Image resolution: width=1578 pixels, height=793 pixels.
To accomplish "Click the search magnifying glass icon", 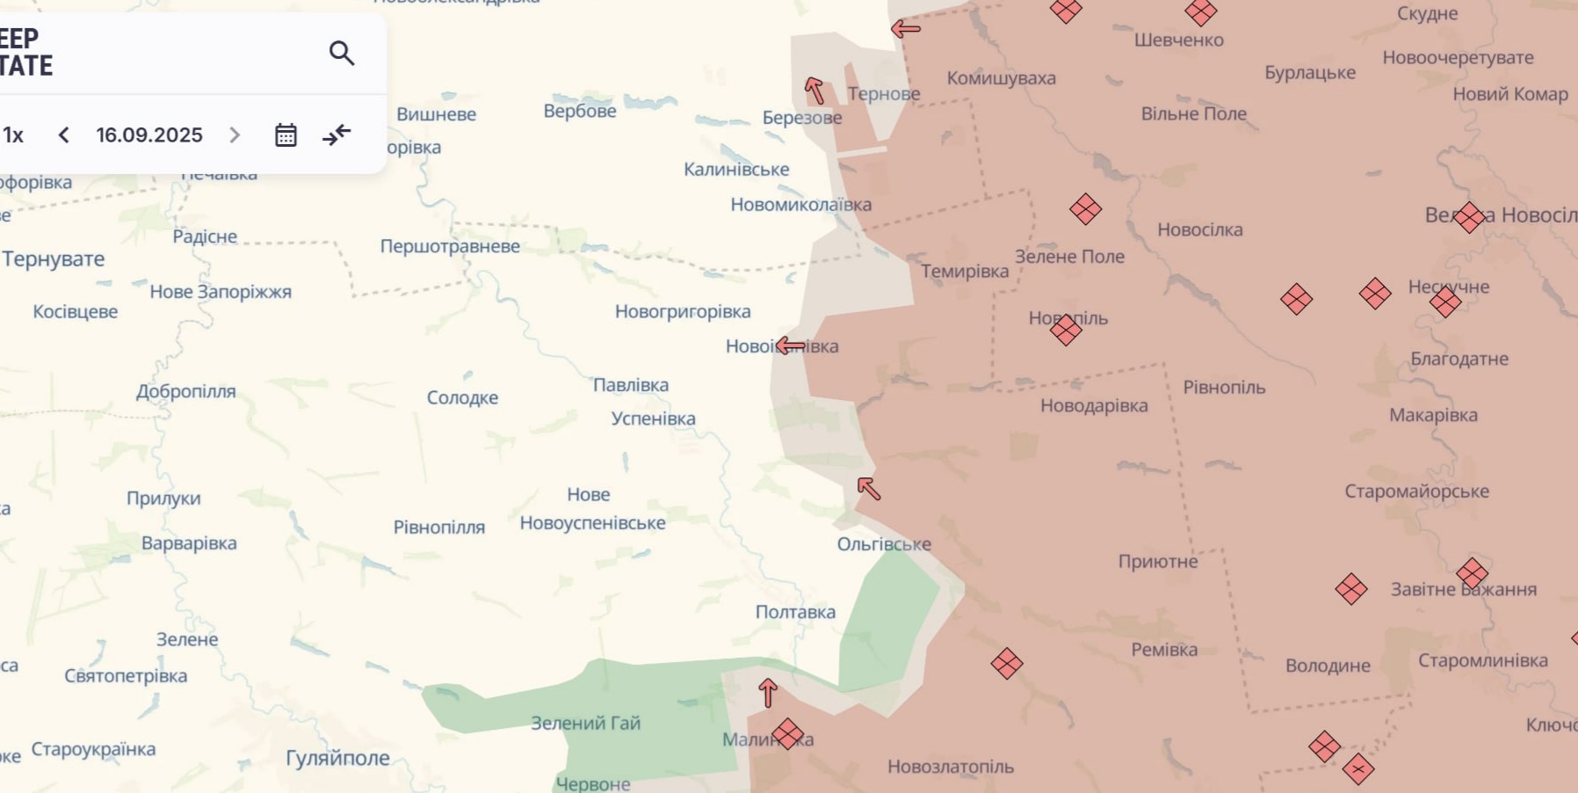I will (342, 54).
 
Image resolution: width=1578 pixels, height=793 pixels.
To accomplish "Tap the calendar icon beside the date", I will (286, 135).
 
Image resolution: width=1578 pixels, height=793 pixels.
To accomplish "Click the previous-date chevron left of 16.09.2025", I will (63, 135).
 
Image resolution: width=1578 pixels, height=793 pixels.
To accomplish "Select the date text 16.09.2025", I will (149, 135).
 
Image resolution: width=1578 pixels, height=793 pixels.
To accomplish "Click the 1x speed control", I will (13, 135).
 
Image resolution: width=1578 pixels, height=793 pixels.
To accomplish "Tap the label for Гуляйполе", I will (337, 758).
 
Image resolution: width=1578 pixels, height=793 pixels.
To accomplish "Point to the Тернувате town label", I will (54, 258).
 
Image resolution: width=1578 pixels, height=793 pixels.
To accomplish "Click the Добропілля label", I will (185, 391).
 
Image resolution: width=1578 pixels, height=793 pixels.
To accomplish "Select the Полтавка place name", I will (795, 612).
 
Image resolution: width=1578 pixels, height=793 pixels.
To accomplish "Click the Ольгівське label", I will (883, 544).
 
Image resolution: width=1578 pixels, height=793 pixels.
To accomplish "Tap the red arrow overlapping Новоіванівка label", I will (789, 346).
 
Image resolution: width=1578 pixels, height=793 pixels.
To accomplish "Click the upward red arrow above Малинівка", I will (768, 693).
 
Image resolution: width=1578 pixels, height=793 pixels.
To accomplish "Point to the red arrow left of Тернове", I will (814, 90).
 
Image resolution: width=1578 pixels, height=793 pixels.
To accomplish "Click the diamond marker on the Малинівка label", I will (787, 733).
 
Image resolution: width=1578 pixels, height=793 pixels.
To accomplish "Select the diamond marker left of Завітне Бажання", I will (1350, 588).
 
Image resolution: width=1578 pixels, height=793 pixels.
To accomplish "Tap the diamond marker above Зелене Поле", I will (1085, 209).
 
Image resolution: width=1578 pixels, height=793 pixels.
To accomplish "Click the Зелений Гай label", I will (585, 723).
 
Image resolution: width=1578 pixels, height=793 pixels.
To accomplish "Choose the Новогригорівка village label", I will (683, 311).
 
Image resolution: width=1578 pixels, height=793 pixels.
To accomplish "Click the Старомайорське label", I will (1416, 491).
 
